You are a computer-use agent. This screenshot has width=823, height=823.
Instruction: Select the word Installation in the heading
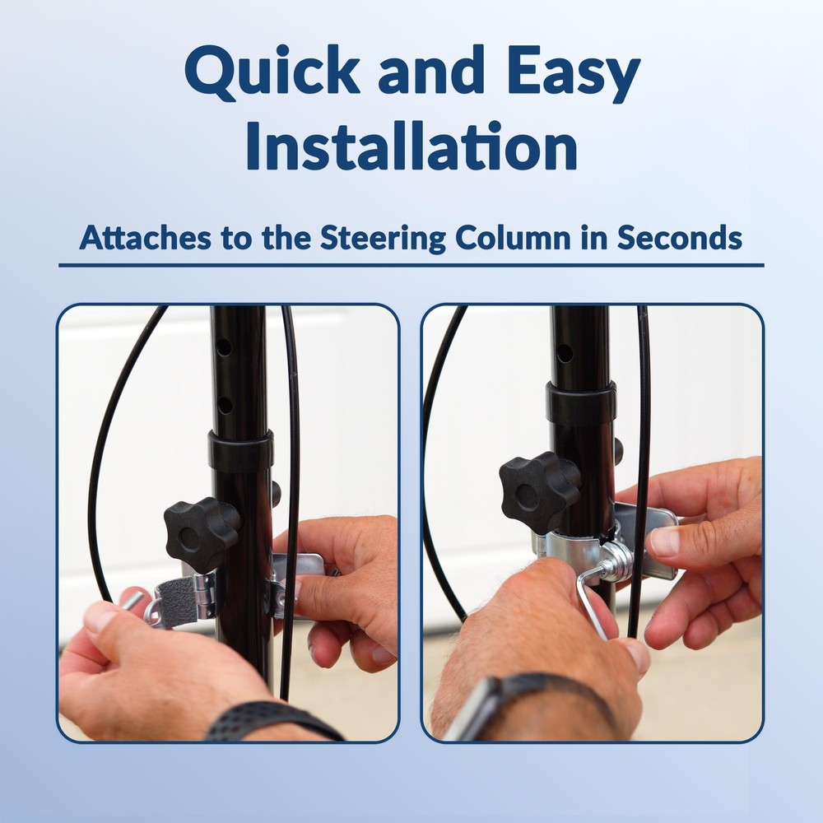click(411, 146)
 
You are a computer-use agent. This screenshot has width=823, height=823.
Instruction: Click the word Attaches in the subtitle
click(146, 237)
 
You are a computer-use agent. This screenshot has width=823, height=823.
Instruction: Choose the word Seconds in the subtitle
click(679, 237)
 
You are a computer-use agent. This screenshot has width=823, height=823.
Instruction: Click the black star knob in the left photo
click(202, 528)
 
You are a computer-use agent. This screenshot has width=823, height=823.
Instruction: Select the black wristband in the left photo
click(273, 722)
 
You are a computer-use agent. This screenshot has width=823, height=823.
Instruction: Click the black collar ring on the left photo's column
click(241, 450)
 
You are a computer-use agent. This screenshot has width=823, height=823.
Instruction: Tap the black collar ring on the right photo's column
click(581, 403)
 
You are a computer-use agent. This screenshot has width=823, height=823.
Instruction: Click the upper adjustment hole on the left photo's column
click(224, 347)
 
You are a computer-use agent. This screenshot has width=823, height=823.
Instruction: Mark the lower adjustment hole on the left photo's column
click(226, 405)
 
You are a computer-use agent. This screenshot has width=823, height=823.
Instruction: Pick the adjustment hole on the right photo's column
click(565, 353)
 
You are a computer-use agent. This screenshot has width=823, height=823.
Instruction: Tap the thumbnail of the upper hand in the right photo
click(664, 542)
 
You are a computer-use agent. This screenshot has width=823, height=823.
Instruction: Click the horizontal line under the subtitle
click(411, 266)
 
